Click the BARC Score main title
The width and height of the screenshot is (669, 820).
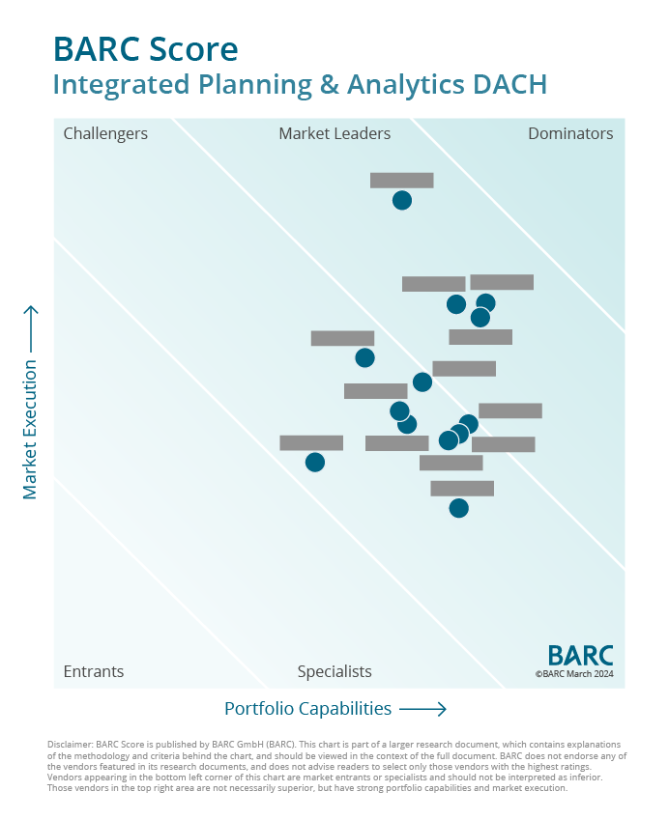[145, 48]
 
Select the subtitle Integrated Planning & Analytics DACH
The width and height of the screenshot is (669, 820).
[300, 84]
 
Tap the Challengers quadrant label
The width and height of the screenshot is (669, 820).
[105, 133]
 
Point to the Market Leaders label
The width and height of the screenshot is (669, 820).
[334, 133]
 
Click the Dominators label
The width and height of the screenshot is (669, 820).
[570, 133]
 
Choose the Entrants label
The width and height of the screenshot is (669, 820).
[94, 671]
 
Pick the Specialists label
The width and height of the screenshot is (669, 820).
[334, 671]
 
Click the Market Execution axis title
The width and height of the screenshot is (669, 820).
[30, 429]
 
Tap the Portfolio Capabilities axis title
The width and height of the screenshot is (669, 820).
[307, 709]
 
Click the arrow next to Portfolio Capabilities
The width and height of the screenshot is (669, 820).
[422, 709]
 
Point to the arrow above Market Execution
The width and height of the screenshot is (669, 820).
[30, 328]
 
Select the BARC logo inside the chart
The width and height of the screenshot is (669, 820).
[580, 655]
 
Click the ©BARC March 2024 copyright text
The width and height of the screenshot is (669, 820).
[574, 674]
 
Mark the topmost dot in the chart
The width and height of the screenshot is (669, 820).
[402, 200]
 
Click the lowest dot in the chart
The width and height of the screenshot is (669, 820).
[459, 508]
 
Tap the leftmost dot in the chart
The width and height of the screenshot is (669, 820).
[315, 462]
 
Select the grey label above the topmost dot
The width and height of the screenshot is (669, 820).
[402, 180]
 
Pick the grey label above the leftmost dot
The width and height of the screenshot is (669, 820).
[311, 442]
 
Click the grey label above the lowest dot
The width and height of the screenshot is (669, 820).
[462, 488]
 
